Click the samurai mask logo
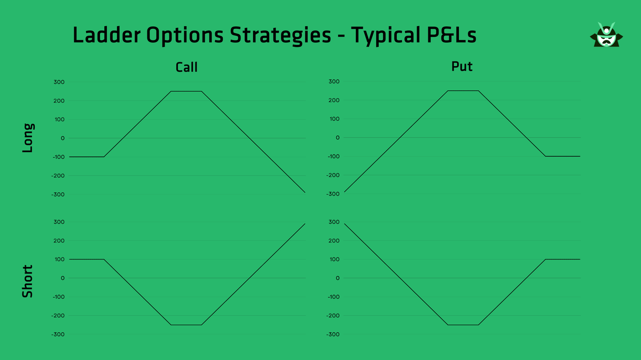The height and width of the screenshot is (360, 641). pyautogui.click(x=606, y=36)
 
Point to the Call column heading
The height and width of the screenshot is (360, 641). pyautogui.click(x=186, y=67)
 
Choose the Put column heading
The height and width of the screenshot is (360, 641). pyautogui.click(x=462, y=67)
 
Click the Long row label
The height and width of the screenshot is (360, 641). pyautogui.click(x=28, y=138)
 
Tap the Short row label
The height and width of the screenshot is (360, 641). pyautogui.click(x=28, y=281)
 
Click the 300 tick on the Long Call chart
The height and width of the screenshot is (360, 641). pyautogui.click(x=59, y=82)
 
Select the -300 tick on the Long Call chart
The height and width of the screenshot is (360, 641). pyautogui.click(x=58, y=194)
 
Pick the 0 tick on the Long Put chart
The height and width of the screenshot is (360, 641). pyautogui.click(x=338, y=138)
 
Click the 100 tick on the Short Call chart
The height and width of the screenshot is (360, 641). pyautogui.click(x=59, y=260)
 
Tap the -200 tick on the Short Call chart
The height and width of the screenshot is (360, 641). pyautogui.click(x=58, y=316)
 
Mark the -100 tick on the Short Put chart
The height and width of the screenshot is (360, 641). pyautogui.click(x=334, y=297)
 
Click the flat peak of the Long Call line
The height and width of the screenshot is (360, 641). pyautogui.click(x=186, y=91)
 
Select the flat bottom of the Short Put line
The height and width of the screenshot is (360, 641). pyautogui.click(x=463, y=325)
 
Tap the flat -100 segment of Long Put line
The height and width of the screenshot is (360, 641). pyautogui.click(x=562, y=156)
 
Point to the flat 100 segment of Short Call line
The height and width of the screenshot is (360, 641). pyautogui.click(x=87, y=260)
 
